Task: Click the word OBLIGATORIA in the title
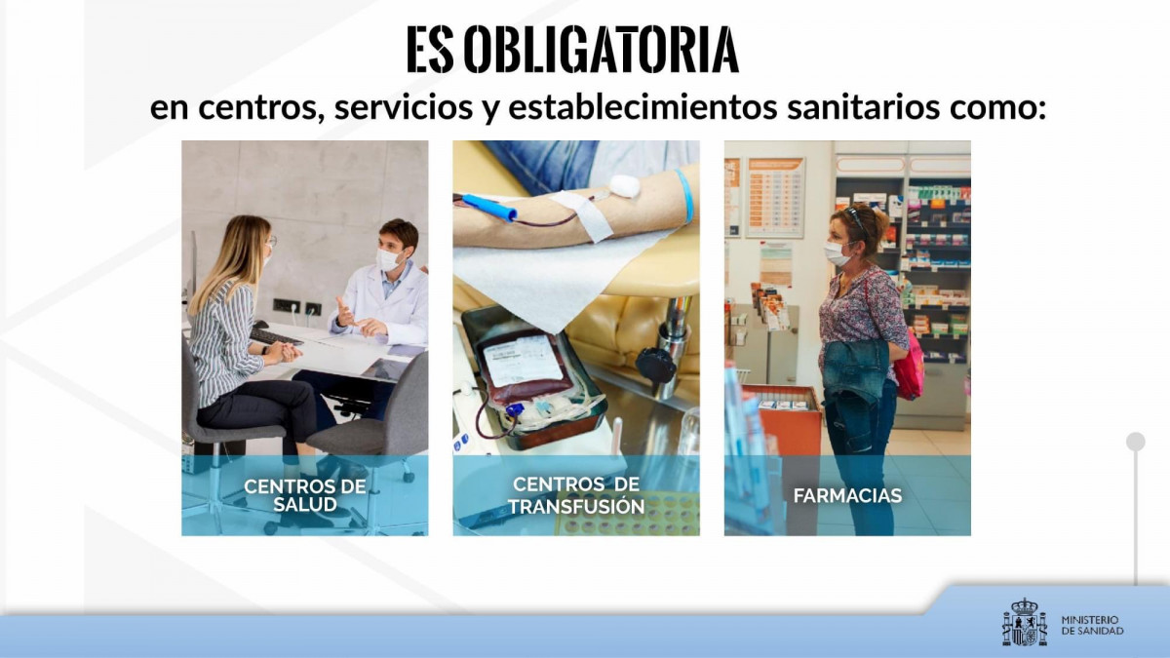point(601,49)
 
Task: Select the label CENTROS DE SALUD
point(304,495)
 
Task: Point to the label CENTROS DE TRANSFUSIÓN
point(576,495)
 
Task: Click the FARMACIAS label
point(847,495)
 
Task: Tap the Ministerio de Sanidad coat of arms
point(1025,622)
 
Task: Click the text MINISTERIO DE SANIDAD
point(1092,625)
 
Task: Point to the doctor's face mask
point(389,259)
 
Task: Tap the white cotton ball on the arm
point(624,186)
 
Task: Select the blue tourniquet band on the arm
point(685,196)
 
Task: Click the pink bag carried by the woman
point(909,366)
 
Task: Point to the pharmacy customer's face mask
point(837,253)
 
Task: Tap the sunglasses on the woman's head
point(854,218)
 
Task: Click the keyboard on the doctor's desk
point(275,337)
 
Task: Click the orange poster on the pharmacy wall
point(776,197)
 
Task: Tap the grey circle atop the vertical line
point(1136,442)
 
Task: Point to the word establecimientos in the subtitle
point(643,107)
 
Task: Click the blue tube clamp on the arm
point(489,207)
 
